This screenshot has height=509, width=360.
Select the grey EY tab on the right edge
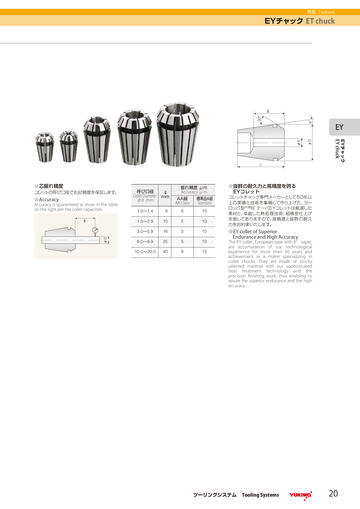click(339, 127)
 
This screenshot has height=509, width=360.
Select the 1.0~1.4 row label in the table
click(144, 211)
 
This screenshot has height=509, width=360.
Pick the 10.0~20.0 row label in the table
click(144, 251)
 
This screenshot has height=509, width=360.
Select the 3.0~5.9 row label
click(144, 231)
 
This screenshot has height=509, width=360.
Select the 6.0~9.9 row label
click(144, 241)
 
